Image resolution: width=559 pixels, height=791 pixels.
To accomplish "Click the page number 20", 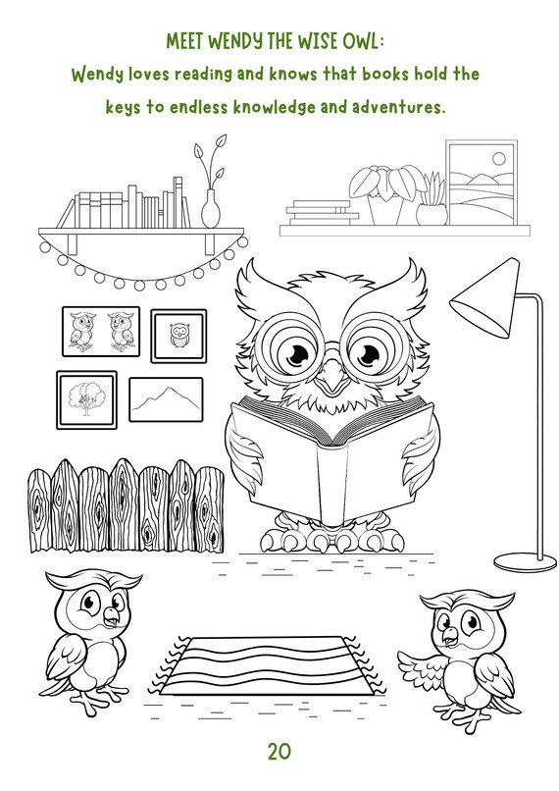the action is (x=279, y=752).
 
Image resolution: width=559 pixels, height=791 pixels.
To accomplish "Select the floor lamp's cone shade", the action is (x=484, y=298).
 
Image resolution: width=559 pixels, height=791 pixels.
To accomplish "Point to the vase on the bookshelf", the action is (x=210, y=209).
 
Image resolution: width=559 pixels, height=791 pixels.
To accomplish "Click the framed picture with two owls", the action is (x=101, y=331).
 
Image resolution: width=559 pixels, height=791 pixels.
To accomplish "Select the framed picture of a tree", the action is (x=86, y=400).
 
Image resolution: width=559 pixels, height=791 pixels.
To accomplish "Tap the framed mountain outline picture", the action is (x=167, y=399).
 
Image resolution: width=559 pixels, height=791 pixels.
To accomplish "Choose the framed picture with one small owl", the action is (x=178, y=336).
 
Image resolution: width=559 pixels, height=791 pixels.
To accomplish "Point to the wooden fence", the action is (x=126, y=505).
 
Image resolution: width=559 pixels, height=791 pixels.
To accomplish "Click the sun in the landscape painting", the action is (x=498, y=158).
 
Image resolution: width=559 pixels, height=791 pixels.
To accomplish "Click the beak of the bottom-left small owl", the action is (x=111, y=615).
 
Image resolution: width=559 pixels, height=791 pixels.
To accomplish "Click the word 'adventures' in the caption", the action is (x=399, y=107).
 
